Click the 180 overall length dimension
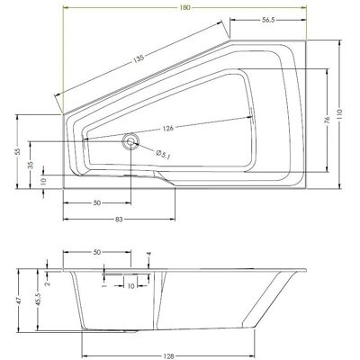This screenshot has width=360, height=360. click(x=185, y=8)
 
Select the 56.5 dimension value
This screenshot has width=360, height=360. click(x=268, y=20)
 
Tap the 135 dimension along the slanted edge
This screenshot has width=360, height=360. click(x=139, y=58)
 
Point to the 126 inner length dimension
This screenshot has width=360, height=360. click(x=168, y=129)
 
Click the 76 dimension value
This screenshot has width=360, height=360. click(x=327, y=120)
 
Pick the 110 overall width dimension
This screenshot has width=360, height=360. click(x=339, y=114)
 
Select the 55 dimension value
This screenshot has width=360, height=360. click(x=18, y=151)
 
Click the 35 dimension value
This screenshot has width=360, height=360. click(x=31, y=166)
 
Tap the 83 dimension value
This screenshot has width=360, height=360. click(x=119, y=220)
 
